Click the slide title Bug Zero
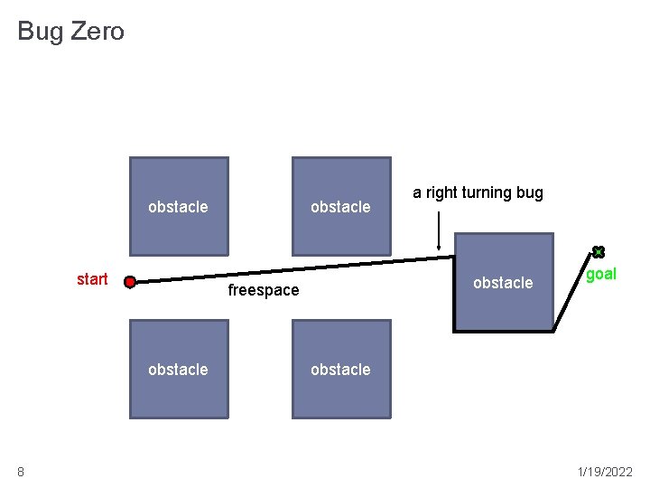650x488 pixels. click(70, 32)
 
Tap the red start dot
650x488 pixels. click(130, 282)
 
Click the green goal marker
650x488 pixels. click(598, 252)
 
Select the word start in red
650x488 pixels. click(92, 279)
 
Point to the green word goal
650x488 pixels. click(601, 274)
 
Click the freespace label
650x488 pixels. click(263, 290)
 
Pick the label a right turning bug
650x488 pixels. click(478, 192)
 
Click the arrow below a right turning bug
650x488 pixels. click(438, 230)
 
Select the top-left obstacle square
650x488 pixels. click(179, 181)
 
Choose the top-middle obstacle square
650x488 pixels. click(341, 181)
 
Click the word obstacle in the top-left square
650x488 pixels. click(178, 207)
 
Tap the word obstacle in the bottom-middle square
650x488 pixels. click(340, 370)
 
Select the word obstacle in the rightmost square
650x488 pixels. click(503, 283)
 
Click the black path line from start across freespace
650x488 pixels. click(289, 271)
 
